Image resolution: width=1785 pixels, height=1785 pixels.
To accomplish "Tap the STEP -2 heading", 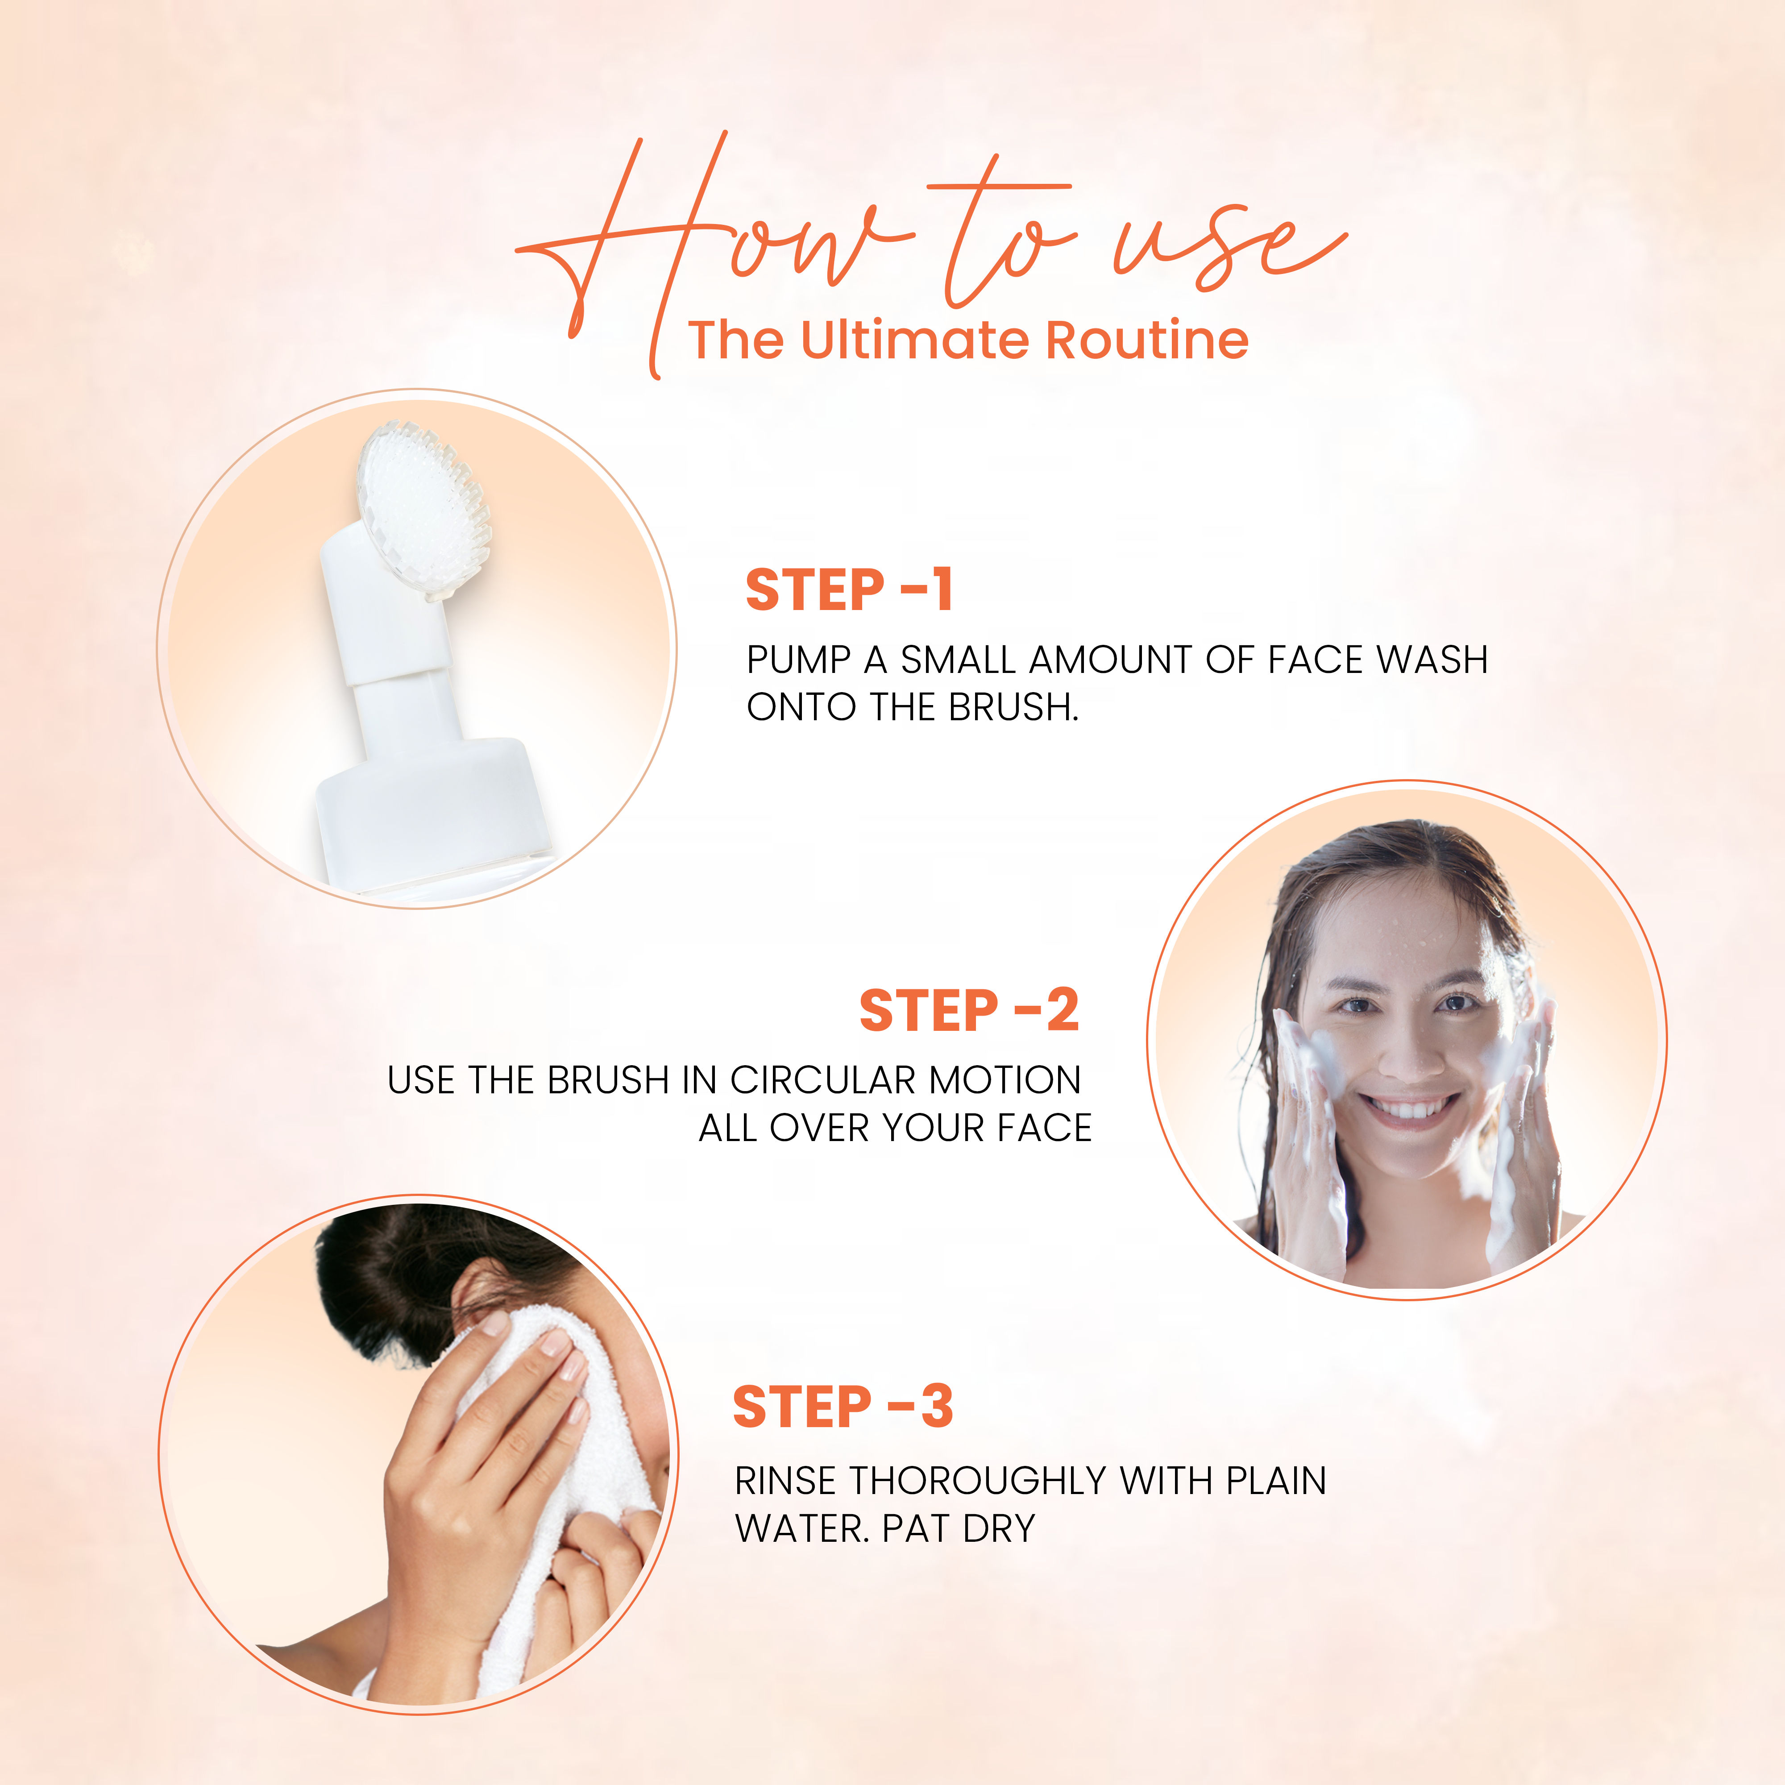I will click(968, 1010).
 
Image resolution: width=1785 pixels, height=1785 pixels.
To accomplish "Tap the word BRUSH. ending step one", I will click(1013, 707).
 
